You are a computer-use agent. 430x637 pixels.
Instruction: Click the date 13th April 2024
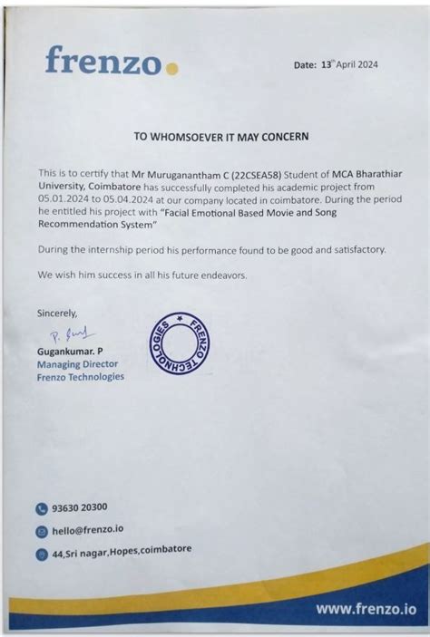[349, 64]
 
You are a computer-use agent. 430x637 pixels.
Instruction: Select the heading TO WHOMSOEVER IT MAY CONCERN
[221, 137]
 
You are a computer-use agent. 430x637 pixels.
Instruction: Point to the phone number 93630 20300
[86, 508]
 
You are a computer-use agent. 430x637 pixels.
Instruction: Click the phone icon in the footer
[41, 509]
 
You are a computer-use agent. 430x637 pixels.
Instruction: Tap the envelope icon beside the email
[41, 532]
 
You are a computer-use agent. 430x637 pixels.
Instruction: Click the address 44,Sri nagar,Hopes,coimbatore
[122, 551]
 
